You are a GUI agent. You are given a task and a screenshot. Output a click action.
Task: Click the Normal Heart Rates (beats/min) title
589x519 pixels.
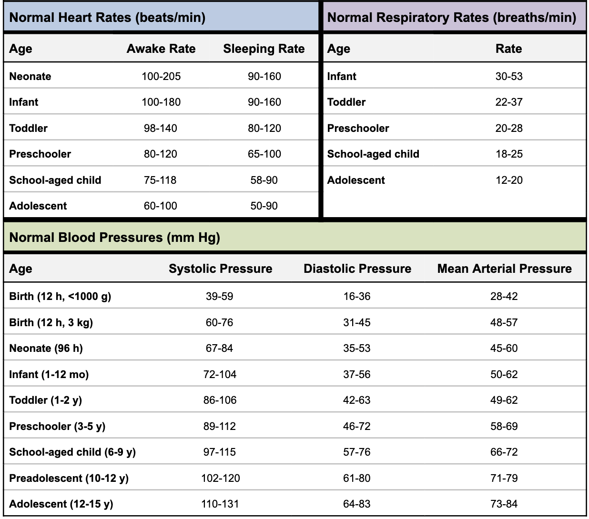coord(107,18)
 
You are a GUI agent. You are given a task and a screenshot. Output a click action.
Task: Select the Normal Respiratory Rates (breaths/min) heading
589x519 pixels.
coord(451,18)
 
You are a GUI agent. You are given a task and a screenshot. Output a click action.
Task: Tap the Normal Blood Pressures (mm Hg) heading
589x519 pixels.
coord(114,238)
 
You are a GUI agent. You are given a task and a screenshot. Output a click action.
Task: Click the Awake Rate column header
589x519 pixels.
coord(161,49)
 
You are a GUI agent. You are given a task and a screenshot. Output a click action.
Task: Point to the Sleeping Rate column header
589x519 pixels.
coord(264,49)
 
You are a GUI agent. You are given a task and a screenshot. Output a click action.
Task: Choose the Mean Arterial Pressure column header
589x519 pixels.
coord(504,269)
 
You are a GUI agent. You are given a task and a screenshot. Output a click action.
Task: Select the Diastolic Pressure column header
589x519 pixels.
coord(357,269)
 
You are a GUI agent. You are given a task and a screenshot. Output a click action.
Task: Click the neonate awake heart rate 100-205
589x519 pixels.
coord(161,76)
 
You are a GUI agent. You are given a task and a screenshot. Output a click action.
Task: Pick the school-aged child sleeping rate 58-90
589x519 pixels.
coord(264,180)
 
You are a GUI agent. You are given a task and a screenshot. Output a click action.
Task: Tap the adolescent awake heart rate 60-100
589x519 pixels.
coord(161,206)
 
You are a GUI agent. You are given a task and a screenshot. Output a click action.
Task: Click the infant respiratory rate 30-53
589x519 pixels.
coord(509,76)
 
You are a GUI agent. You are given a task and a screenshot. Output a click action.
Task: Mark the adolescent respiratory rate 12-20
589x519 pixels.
coord(509,180)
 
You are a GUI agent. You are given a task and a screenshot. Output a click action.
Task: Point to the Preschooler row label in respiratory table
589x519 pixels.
coord(358,128)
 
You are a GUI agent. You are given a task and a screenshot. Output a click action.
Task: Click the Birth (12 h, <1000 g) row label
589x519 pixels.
coord(60,297)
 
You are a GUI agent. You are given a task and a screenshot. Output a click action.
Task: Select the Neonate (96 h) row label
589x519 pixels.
coord(46,348)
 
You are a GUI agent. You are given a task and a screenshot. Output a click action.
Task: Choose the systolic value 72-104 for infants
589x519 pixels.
coord(220,374)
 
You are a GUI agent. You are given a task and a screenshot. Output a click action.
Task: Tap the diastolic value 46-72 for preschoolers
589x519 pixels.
coord(357,426)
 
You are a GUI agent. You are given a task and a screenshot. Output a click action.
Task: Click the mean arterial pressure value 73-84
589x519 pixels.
coord(504,504)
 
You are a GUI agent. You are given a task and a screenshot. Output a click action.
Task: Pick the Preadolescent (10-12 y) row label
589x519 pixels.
coord(69,478)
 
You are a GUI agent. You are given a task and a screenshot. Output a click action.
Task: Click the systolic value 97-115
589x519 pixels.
coord(220,452)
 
